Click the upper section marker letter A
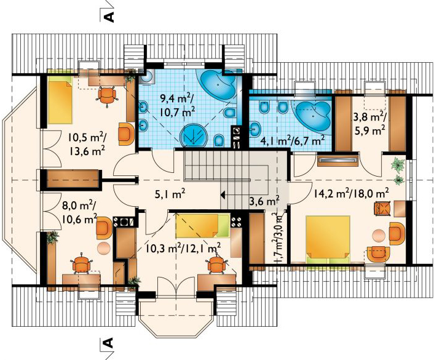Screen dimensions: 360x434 [x=108, y=15]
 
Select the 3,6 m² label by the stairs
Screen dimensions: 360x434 [x=264, y=199]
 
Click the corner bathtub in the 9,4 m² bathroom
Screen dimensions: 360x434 [x=216, y=84]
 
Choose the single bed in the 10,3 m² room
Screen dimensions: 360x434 [x=202, y=225]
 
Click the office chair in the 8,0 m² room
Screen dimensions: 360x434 [x=82, y=264]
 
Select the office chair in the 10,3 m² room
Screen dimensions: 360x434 [x=216, y=265]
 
